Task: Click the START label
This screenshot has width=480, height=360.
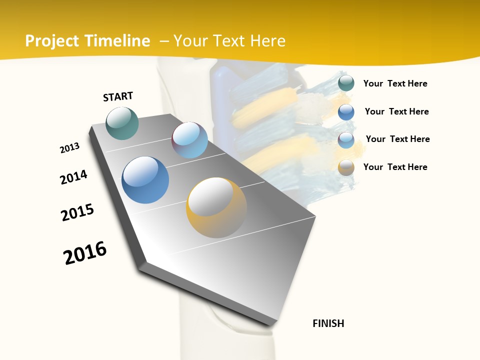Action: coord(118,96)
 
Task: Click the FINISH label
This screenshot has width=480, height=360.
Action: coord(328,323)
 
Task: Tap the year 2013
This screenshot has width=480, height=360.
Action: coord(69,148)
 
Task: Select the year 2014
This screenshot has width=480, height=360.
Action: coord(73,177)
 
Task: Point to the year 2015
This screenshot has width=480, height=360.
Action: coord(77,212)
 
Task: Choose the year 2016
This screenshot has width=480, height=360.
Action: coord(85,252)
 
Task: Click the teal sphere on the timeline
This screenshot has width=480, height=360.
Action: coord(122,123)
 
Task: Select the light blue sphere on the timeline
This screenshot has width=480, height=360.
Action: coord(189,140)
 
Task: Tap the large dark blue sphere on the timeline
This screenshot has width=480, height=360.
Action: coord(145,180)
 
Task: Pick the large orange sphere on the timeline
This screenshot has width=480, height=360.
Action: coord(216,207)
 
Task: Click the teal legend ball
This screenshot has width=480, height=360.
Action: coord(346,83)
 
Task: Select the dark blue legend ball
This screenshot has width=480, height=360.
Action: coord(346,112)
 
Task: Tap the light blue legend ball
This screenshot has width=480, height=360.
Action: coord(346,140)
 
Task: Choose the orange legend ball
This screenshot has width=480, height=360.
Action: coord(346,167)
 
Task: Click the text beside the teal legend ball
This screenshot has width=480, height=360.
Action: coord(395,83)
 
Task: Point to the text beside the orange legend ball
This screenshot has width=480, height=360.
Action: coord(395,167)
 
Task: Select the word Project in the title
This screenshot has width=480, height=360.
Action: coord(52,41)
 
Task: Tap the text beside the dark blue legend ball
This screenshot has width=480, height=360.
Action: coord(396,111)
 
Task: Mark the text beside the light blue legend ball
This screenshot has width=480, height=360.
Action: coord(397,139)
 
